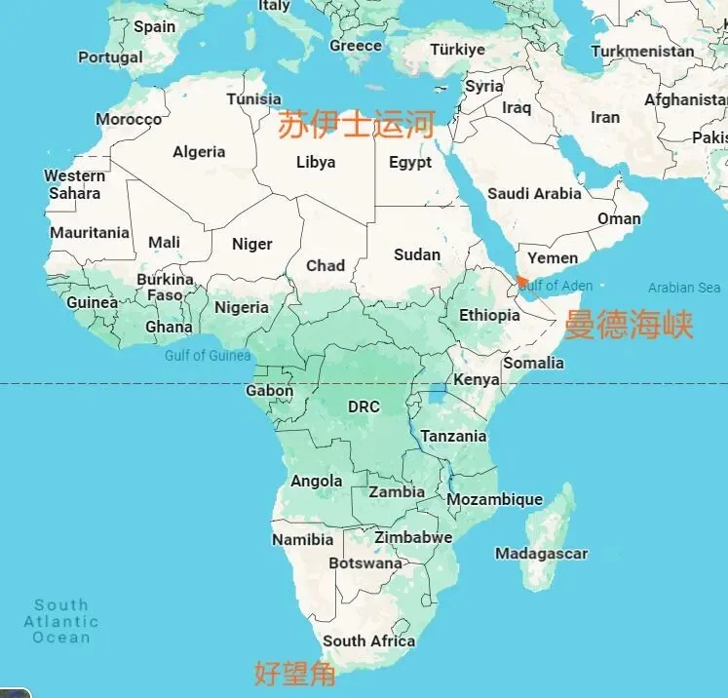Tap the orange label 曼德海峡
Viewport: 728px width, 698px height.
point(629,325)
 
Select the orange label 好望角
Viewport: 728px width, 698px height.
point(294,672)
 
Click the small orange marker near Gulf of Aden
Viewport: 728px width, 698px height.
point(523,281)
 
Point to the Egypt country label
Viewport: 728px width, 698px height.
point(410,163)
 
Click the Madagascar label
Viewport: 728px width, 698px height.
point(541,554)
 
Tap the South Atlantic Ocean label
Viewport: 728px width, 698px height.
point(61,621)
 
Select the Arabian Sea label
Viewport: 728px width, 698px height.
point(684,288)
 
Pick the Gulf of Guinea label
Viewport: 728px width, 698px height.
point(208,355)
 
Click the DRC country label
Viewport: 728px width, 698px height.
point(364,407)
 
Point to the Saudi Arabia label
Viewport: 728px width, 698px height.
point(534,193)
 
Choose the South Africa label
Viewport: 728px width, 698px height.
point(368,640)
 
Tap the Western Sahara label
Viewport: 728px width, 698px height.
point(75,184)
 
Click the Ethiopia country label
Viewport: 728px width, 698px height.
point(489,315)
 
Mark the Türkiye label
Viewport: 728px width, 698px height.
point(458,50)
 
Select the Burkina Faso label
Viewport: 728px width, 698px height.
point(165,287)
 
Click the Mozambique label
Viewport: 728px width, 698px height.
point(494,499)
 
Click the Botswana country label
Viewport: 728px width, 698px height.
point(365,563)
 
